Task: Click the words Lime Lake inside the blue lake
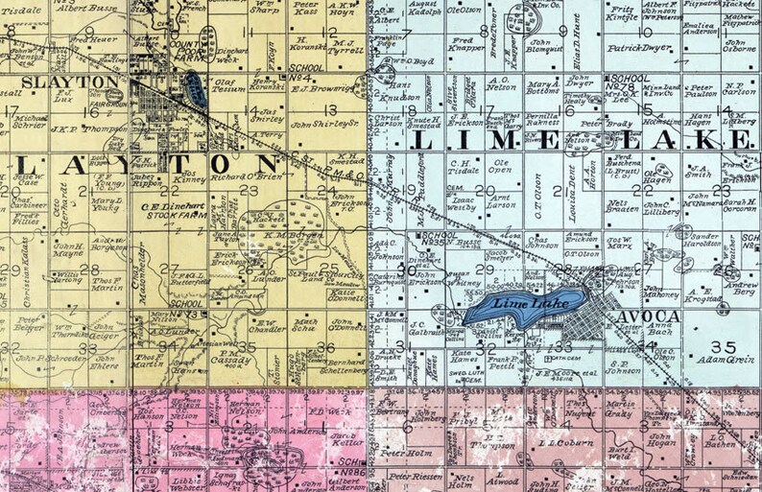point(520,303)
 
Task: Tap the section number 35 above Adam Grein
point(726,346)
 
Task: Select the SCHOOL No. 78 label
point(628,82)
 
